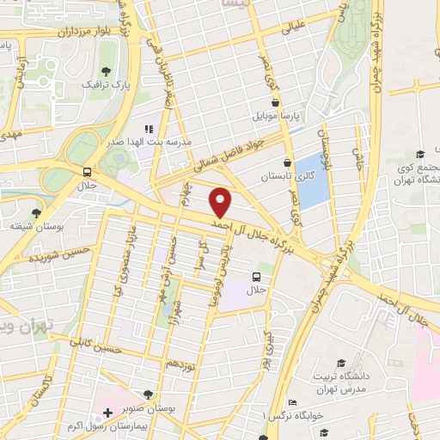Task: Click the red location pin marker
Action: [x=222, y=202]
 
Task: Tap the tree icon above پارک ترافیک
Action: [x=106, y=72]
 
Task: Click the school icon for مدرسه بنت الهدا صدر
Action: [x=148, y=129]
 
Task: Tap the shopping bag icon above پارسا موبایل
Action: [x=273, y=99]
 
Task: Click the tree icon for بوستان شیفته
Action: [x=35, y=213]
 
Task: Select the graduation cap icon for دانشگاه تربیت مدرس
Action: [x=341, y=364]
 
